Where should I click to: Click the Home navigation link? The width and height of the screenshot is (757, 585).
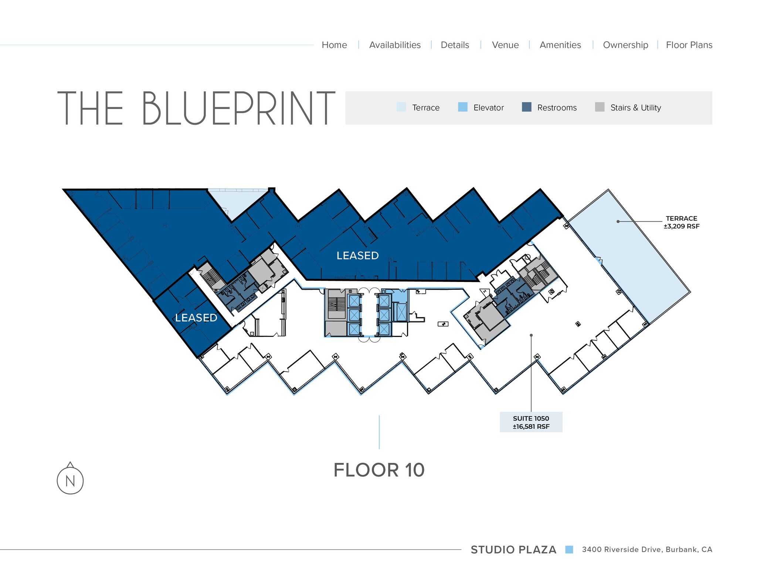point(334,45)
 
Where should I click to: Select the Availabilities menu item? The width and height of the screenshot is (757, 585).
point(395,45)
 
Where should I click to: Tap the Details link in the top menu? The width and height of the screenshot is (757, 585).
point(455,45)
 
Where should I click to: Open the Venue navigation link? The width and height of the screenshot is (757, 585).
point(505,45)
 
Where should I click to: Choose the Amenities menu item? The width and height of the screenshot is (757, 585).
point(560,45)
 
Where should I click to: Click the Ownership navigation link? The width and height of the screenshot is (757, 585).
point(625,45)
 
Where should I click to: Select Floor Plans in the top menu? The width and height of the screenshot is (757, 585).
point(689,45)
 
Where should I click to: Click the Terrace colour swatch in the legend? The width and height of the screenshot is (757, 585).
point(401,107)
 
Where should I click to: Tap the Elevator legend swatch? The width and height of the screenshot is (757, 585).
point(462,107)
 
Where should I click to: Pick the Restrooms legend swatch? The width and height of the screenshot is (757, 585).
point(526,107)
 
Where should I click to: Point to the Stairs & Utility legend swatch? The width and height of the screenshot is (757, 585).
point(600,107)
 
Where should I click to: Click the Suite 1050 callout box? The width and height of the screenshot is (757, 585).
point(531,422)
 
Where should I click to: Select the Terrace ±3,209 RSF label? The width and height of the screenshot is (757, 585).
point(681,222)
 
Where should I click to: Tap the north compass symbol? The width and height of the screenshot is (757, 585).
point(70,480)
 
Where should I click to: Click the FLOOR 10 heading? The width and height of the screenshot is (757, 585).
point(379,470)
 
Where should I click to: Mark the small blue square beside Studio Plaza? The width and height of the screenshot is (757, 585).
point(569,550)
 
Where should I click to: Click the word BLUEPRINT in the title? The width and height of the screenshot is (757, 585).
point(238,109)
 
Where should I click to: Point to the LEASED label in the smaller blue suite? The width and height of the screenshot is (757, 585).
point(196,318)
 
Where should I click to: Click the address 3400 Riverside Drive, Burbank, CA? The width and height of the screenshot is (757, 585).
point(647,550)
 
